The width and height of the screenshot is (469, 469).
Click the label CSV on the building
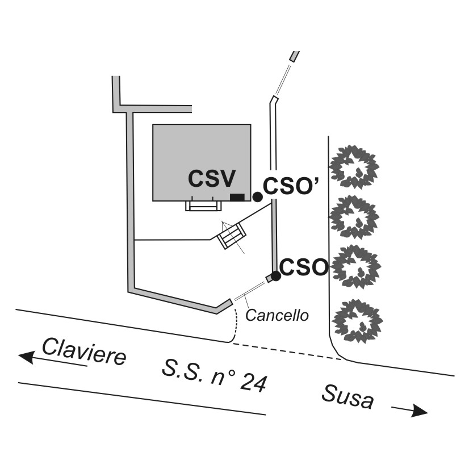pyautogui.click(x=212, y=179)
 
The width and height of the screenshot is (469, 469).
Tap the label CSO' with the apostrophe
pyautogui.click(x=291, y=187)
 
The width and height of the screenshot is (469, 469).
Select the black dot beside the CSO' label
pyautogui.click(x=257, y=196)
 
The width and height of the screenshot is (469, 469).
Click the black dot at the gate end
pyautogui.click(x=275, y=276)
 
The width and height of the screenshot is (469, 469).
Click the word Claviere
pyautogui.click(x=83, y=351)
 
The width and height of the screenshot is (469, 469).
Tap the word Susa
pyautogui.click(x=348, y=395)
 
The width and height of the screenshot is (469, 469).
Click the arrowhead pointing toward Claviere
pyautogui.click(x=26, y=357)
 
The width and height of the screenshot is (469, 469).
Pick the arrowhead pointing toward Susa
pyautogui.click(x=420, y=411)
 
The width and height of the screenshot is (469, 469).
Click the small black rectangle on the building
pyautogui.click(x=237, y=197)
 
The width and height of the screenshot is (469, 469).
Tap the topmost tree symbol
pyautogui.click(x=354, y=166)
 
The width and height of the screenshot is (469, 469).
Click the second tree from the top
pyautogui.click(x=354, y=217)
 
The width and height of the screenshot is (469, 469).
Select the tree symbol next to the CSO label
pyautogui.click(x=356, y=267)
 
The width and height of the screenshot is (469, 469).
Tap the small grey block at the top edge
pyautogui.click(x=294, y=56)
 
